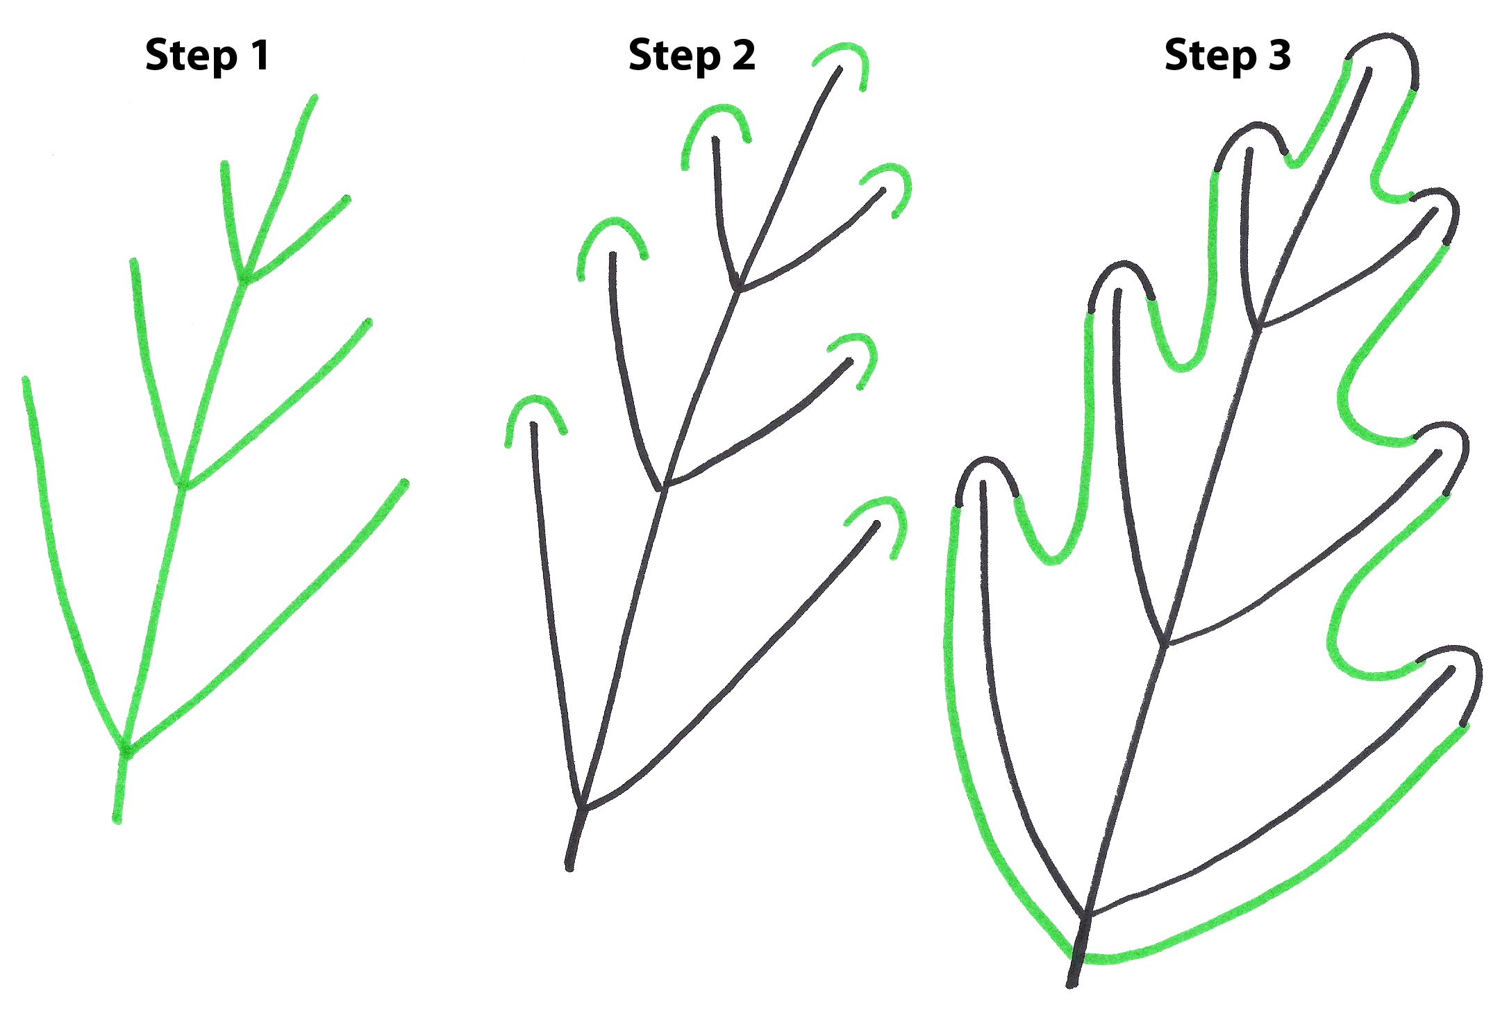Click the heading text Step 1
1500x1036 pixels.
207,56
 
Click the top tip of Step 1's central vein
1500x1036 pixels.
314,98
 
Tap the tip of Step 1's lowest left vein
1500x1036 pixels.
26,381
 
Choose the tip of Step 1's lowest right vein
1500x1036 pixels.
405,483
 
